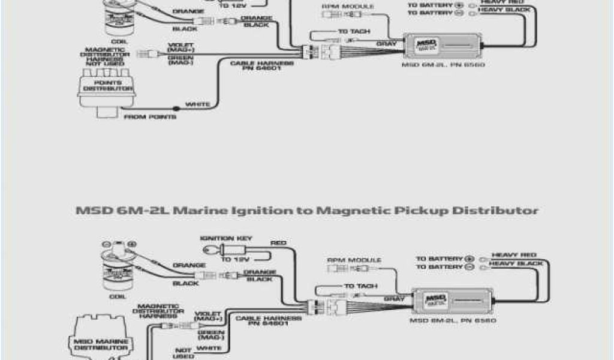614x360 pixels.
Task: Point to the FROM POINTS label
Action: [149, 118]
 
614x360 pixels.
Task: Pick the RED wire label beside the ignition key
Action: [278, 243]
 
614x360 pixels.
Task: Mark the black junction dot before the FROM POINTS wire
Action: [176, 109]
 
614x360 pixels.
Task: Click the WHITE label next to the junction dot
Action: [197, 105]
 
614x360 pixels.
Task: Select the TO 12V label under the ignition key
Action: [234, 260]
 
